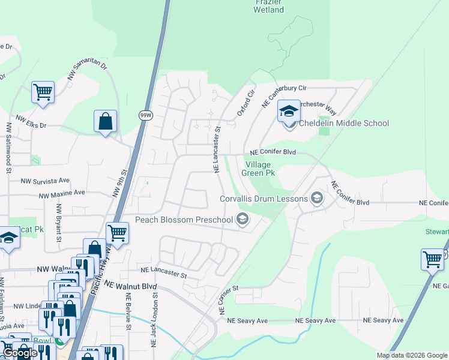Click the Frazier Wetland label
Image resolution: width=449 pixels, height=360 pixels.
(x=268, y=6)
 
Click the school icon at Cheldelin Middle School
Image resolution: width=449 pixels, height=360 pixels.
(x=289, y=112)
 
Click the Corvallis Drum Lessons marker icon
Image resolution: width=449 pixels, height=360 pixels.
(x=317, y=199)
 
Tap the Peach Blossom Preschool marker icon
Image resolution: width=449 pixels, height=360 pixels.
(x=243, y=220)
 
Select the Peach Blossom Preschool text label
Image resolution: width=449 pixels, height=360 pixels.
(x=184, y=220)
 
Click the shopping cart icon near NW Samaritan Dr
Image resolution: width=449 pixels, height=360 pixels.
(x=43, y=92)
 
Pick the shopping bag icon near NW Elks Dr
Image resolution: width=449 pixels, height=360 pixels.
(x=105, y=121)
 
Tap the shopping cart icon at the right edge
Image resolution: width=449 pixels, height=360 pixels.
(x=432, y=259)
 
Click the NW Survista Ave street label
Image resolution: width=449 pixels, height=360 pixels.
(x=45, y=181)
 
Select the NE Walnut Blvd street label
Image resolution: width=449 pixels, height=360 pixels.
(x=128, y=286)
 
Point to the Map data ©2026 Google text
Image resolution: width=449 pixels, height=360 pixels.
(x=411, y=355)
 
